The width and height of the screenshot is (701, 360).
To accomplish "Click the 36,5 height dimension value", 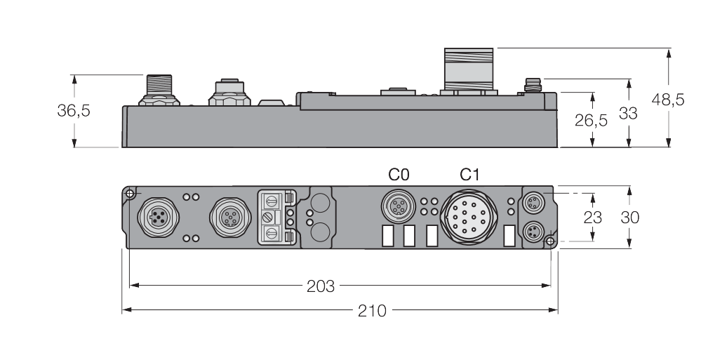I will tap(74, 111).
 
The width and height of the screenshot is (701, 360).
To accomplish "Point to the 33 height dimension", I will tap(628, 112).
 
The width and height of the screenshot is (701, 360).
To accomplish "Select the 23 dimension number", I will tap(593, 217).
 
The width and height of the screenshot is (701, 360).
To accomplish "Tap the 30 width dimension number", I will tap(629, 217).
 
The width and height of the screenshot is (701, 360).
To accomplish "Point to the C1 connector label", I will tap(469, 174).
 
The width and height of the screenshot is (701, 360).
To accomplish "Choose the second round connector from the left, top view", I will tap(227, 217).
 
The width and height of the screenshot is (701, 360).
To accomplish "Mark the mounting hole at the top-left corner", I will tap(130, 193).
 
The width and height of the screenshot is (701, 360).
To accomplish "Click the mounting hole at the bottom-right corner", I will tap(550, 242).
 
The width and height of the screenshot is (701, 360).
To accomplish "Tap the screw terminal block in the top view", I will tap(276, 218).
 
